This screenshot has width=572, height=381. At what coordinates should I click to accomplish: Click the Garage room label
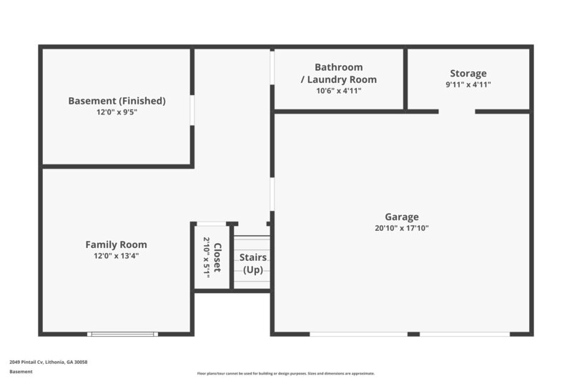[401, 217]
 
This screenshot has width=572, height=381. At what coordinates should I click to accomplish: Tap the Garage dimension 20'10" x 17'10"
[401, 229]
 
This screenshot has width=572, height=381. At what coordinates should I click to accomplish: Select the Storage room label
[468, 73]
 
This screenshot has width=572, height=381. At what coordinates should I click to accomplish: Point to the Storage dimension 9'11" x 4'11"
[468, 84]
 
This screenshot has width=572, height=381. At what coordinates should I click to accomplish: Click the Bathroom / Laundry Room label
[338, 73]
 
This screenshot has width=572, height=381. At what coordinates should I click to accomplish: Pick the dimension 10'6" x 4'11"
[338, 91]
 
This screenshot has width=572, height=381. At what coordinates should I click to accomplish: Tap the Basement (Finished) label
[117, 101]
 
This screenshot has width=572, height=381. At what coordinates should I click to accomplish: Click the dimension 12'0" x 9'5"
[117, 112]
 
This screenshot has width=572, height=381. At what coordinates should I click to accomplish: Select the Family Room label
[117, 244]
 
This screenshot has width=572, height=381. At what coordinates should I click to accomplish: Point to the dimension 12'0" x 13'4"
[117, 256]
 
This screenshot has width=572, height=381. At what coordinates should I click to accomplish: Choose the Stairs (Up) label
[253, 263]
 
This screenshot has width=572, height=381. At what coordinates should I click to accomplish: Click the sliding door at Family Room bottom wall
[122, 334]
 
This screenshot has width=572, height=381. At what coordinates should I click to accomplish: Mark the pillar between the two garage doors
[413, 334]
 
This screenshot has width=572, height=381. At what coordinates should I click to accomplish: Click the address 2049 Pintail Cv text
[48, 362]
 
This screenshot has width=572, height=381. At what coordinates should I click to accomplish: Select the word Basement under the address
[21, 372]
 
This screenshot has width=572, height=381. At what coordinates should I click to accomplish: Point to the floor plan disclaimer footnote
[285, 373]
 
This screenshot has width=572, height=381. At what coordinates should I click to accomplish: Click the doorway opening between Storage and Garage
[457, 112]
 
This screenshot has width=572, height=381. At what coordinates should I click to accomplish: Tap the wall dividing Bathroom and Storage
[405, 79]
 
